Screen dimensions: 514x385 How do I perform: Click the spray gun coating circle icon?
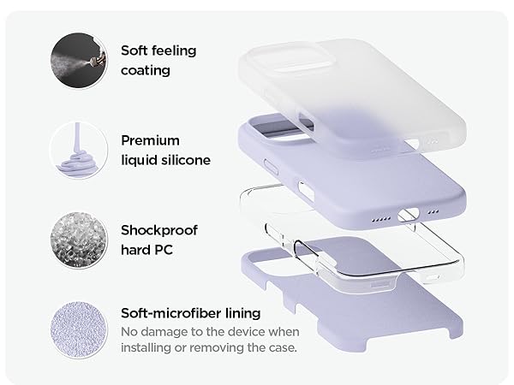point(79,60)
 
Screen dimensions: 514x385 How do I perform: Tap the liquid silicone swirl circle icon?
point(79,151)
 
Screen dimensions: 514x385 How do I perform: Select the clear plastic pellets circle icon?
point(79,240)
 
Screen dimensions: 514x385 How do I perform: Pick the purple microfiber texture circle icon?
point(79,330)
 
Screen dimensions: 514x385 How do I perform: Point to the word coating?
point(146,71)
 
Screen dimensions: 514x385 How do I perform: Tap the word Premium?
point(151,141)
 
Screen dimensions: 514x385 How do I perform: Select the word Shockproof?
point(159,231)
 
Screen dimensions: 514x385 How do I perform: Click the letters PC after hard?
point(164,250)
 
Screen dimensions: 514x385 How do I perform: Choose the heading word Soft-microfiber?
point(171,313)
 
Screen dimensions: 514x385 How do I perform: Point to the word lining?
point(243,314)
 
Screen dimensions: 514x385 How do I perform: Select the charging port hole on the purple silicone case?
point(409,215)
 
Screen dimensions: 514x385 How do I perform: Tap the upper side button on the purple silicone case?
point(271,167)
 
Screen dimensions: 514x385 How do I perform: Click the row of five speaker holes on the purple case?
point(381,219)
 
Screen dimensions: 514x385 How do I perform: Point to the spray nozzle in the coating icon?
point(99,61)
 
